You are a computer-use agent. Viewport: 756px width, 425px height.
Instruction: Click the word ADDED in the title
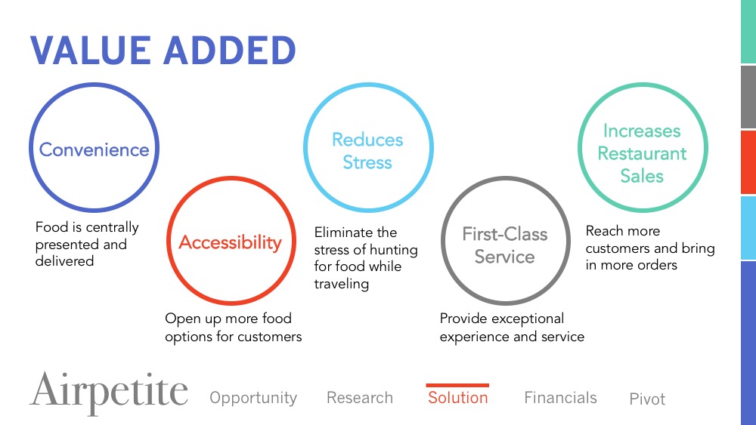click(230, 51)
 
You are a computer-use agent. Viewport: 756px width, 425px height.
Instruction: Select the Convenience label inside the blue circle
click(94, 149)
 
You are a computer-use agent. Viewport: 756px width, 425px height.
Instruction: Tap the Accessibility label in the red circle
click(231, 242)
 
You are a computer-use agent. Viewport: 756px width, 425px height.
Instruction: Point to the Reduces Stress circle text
click(367, 151)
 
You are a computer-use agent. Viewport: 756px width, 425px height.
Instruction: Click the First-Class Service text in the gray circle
click(505, 245)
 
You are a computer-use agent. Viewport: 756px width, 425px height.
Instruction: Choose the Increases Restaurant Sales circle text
click(642, 153)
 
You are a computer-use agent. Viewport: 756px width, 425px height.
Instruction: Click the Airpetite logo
click(108, 393)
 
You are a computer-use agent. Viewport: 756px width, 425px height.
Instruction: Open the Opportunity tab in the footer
click(253, 398)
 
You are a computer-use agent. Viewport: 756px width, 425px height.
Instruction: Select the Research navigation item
click(360, 398)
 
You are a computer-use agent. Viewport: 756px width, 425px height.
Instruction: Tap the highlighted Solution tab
click(458, 398)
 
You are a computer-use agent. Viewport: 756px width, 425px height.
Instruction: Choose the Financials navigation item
click(560, 398)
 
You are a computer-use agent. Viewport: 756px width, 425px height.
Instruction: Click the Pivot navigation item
click(647, 399)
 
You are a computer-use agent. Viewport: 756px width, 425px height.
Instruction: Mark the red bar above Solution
click(457, 385)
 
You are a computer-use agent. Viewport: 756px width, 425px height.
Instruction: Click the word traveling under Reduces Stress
click(342, 284)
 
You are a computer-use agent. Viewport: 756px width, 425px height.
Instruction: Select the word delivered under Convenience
click(64, 261)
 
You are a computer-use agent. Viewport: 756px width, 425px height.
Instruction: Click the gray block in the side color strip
click(748, 97)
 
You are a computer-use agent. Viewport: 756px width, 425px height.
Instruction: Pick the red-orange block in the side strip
click(748, 162)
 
